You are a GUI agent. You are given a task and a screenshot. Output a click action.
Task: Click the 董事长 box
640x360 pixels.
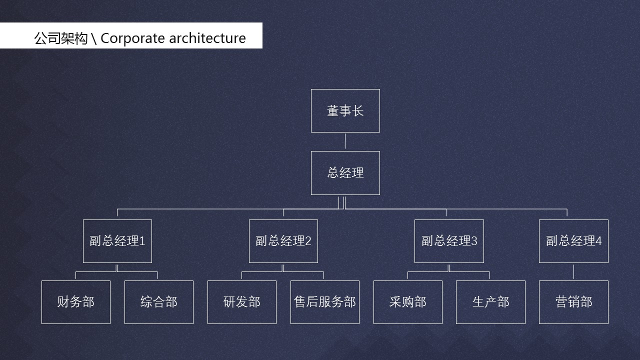pos(345,110)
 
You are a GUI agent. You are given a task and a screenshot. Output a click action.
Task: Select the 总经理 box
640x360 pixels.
pos(345,172)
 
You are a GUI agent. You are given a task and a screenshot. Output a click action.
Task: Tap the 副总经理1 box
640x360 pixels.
pos(117,241)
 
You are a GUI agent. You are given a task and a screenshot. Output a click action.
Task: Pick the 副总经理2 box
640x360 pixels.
pos(283,241)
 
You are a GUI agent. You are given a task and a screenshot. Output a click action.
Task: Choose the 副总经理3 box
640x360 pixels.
pos(449,241)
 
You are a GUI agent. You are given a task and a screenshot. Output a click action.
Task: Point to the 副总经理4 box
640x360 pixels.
pos(573,241)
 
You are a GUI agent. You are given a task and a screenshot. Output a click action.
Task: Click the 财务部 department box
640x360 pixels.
pos(75,302)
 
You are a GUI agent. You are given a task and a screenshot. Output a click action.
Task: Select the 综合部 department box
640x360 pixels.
pos(158,302)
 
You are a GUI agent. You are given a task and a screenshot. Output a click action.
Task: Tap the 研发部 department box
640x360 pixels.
pos(241,302)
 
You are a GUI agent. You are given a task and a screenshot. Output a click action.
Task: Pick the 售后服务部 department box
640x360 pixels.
pos(324,302)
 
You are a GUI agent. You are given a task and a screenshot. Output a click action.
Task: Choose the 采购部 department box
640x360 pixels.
pos(407,302)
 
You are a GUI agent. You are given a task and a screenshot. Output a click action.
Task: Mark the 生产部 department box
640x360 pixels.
pos(490,302)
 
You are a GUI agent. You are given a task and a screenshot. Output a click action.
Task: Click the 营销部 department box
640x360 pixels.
pos(573,302)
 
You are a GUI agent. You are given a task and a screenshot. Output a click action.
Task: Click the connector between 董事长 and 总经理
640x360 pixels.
pos(345,141)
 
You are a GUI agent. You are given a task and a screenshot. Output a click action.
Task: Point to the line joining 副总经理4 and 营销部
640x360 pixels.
pos(573,271)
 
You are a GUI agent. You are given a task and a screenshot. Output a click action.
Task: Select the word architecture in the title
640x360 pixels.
pos(207,38)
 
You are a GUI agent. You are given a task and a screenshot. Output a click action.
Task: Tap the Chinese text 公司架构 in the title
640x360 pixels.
pos(60,38)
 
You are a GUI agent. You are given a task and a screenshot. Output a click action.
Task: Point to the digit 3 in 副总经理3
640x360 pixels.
pos(474,241)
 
